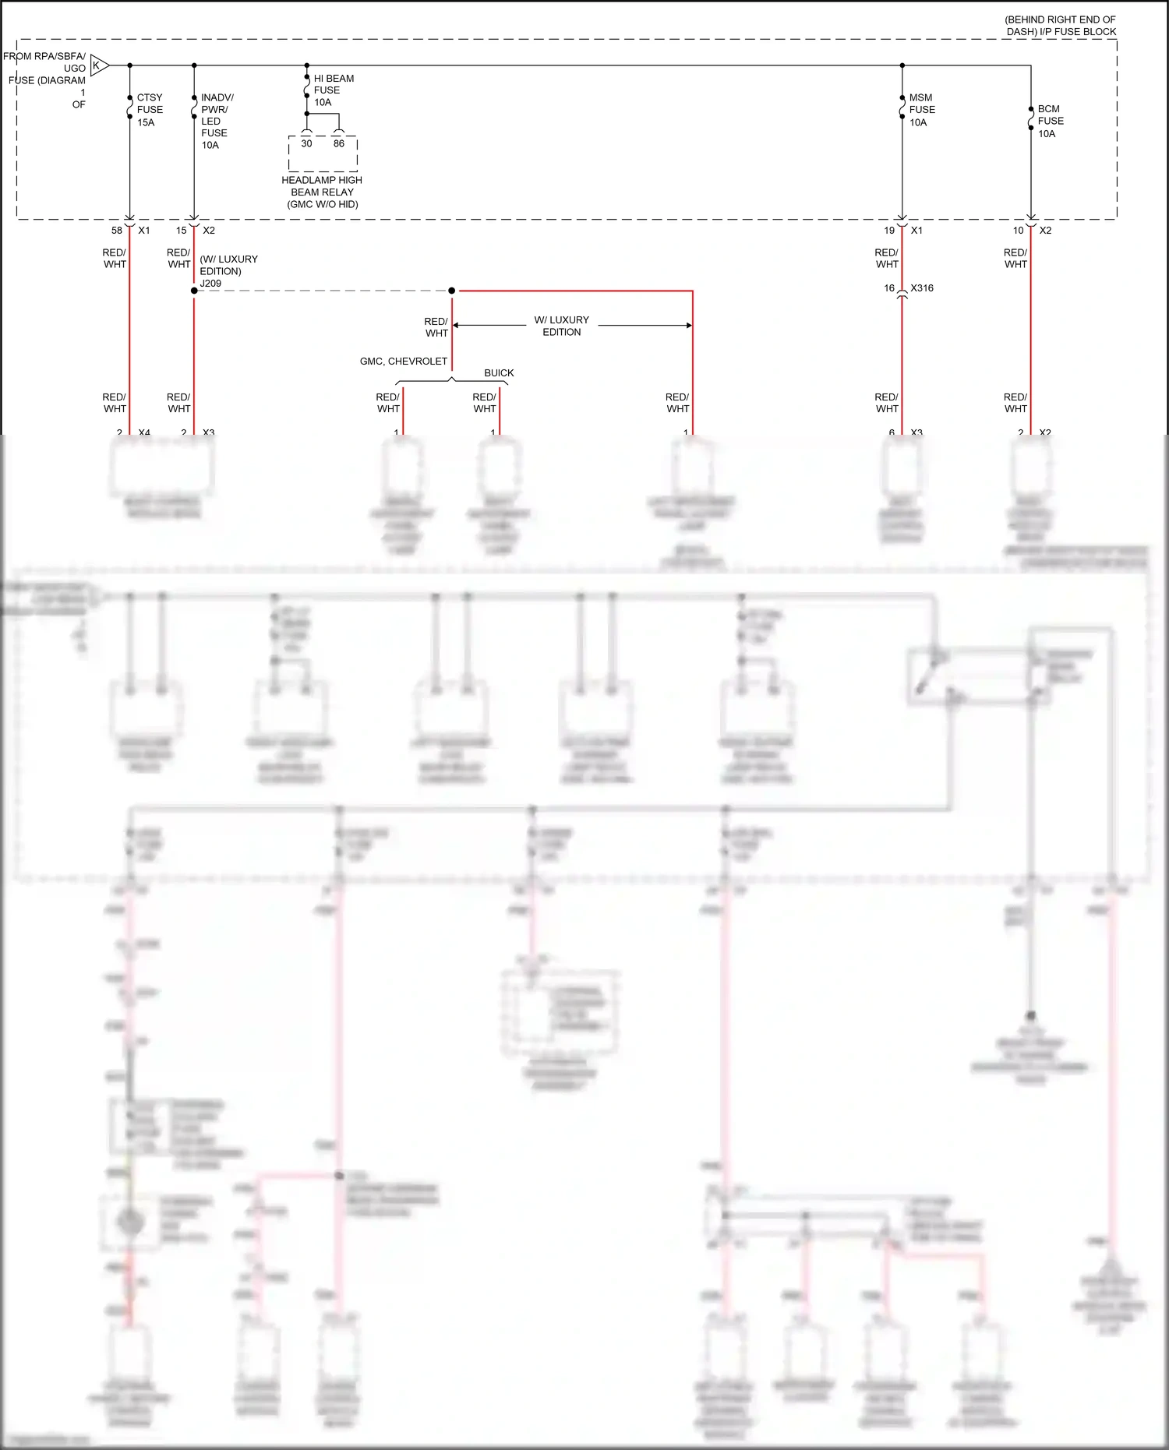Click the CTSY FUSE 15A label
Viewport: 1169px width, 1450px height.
(150, 110)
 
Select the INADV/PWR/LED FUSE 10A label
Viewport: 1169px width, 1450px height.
(216, 121)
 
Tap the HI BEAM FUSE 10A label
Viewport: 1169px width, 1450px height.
(333, 90)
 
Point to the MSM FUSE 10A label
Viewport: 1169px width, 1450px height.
(921, 110)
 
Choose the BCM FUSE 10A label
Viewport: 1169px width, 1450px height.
(1050, 121)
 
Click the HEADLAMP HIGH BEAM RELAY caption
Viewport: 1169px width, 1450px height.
(322, 192)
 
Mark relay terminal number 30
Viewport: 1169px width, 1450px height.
(306, 143)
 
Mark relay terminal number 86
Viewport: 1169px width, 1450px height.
(339, 143)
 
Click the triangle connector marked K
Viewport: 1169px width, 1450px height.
(97, 65)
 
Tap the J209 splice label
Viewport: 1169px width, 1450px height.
(210, 284)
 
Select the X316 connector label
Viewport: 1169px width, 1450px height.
(922, 288)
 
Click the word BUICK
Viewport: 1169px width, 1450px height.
(499, 373)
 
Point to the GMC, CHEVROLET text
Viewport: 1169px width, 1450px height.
(404, 362)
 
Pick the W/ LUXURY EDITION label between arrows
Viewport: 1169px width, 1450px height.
(561, 326)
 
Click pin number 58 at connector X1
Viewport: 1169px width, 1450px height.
(117, 231)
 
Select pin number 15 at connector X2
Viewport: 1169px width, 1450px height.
(182, 231)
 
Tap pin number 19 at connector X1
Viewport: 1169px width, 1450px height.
(889, 231)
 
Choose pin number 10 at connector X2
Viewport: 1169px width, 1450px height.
(1018, 231)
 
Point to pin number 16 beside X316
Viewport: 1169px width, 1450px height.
(889, 288)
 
